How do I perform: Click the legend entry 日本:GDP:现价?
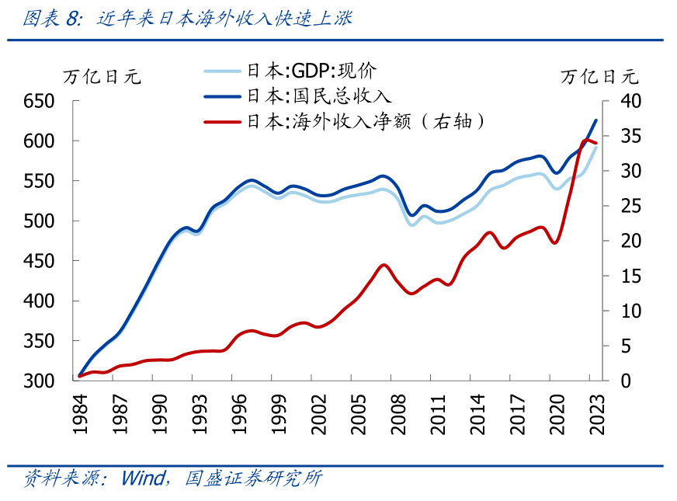point(311,71)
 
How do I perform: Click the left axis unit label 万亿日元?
point(102,77)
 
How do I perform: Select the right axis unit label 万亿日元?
point(599,77)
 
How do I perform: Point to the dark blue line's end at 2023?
point(596,120)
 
